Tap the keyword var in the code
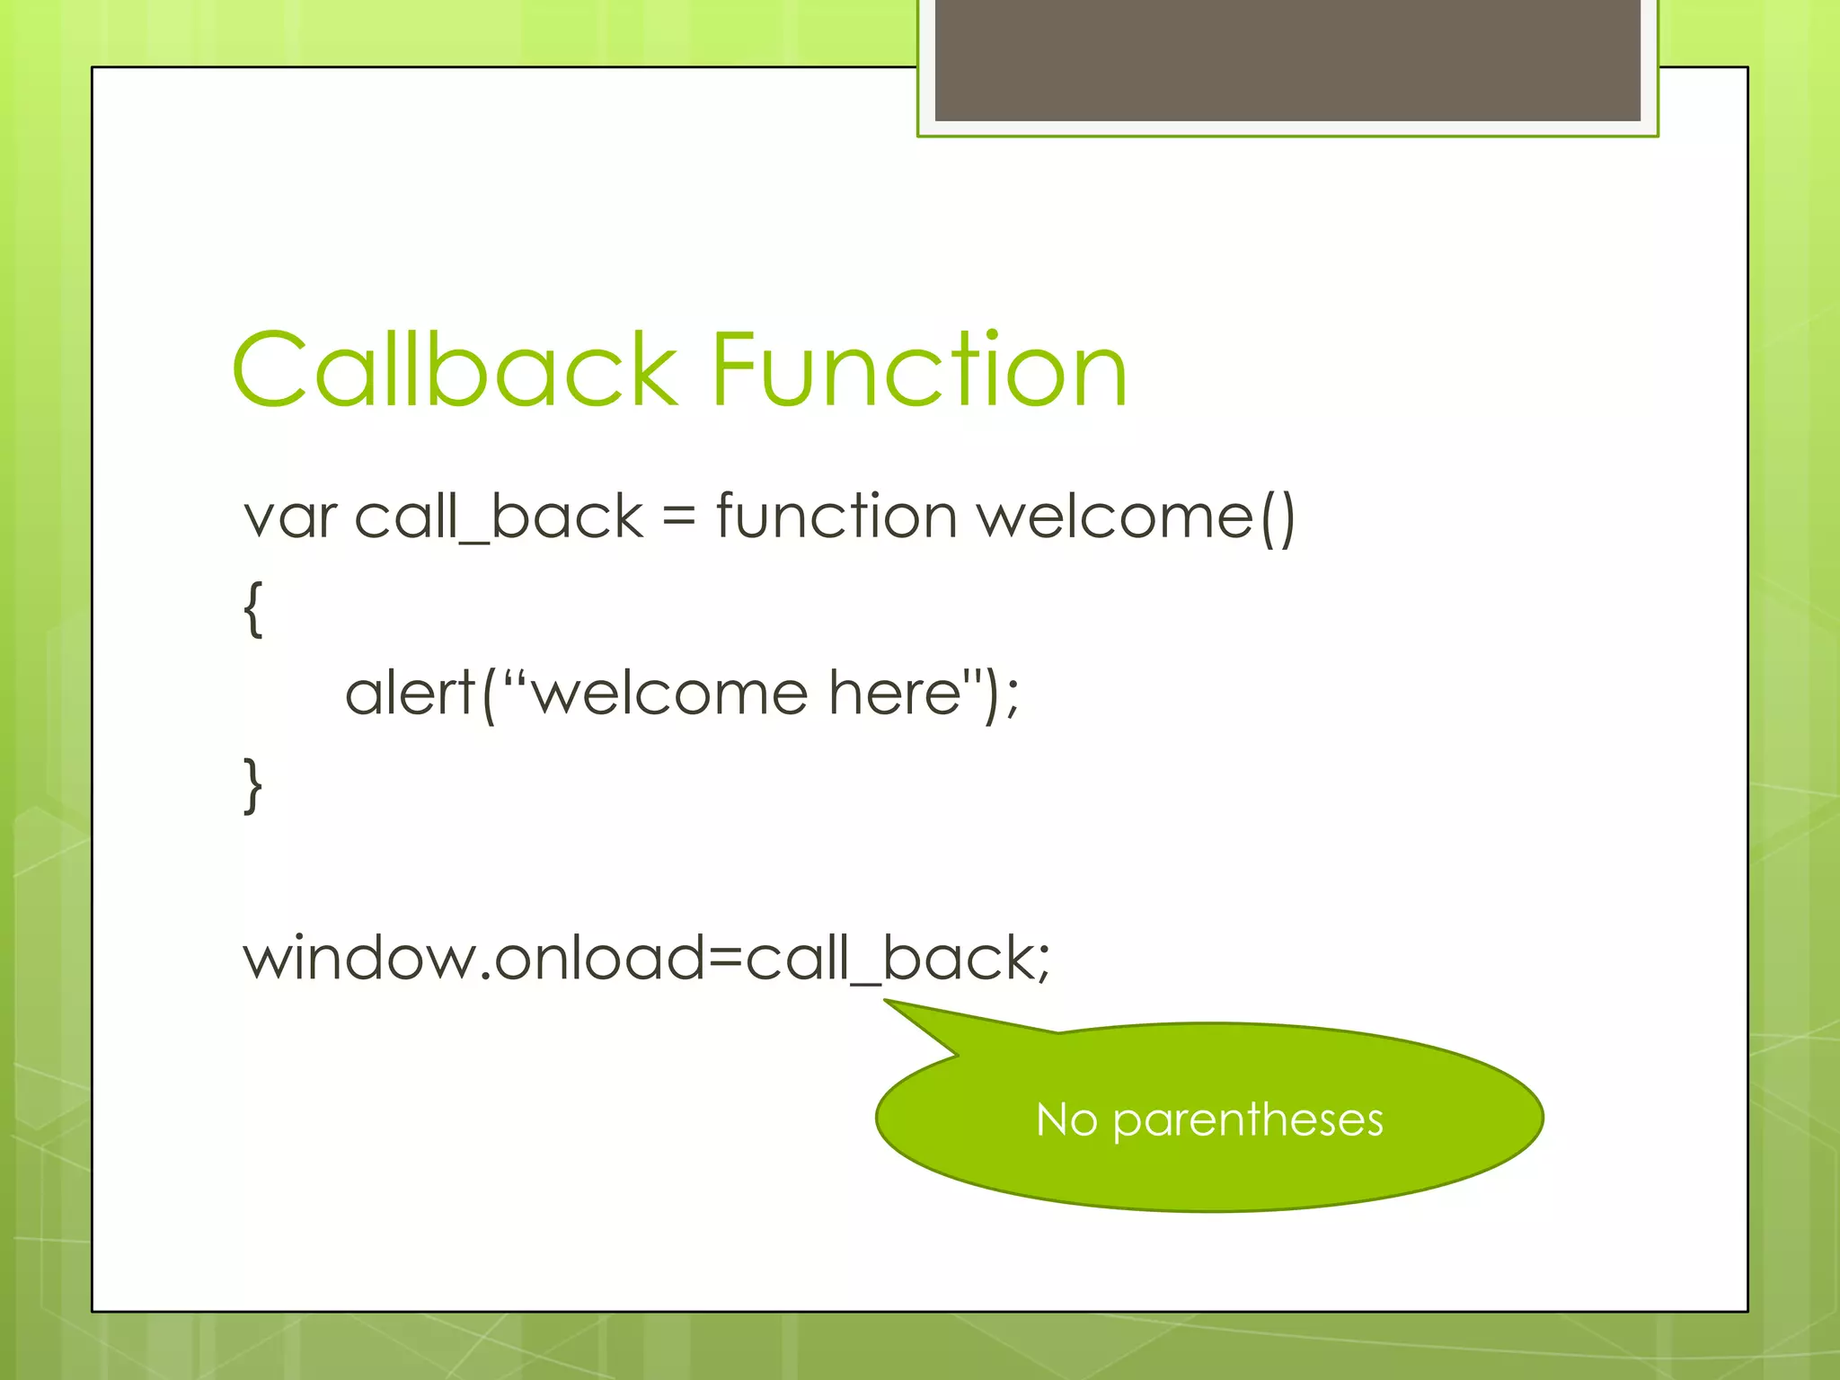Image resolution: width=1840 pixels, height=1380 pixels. pos(289,518)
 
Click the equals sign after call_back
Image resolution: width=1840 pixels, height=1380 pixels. pos(679,518)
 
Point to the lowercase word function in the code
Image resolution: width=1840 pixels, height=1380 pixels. pos(836,518)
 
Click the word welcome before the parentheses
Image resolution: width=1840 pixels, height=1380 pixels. pos(1114,518)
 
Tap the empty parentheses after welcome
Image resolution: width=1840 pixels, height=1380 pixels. pos(1278,518)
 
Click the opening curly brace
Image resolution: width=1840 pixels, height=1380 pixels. pos(253,609)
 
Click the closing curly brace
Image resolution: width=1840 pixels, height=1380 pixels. pos(253,785)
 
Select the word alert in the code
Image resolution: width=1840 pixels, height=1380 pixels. pos(410,694)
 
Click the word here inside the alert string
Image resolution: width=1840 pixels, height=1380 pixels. pos(895,694)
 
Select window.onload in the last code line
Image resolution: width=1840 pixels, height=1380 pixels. pos(476,958)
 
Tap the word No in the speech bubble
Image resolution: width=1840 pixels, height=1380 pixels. pos(1066,1119)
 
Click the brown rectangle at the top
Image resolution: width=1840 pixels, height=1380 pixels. pos(1287,59)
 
